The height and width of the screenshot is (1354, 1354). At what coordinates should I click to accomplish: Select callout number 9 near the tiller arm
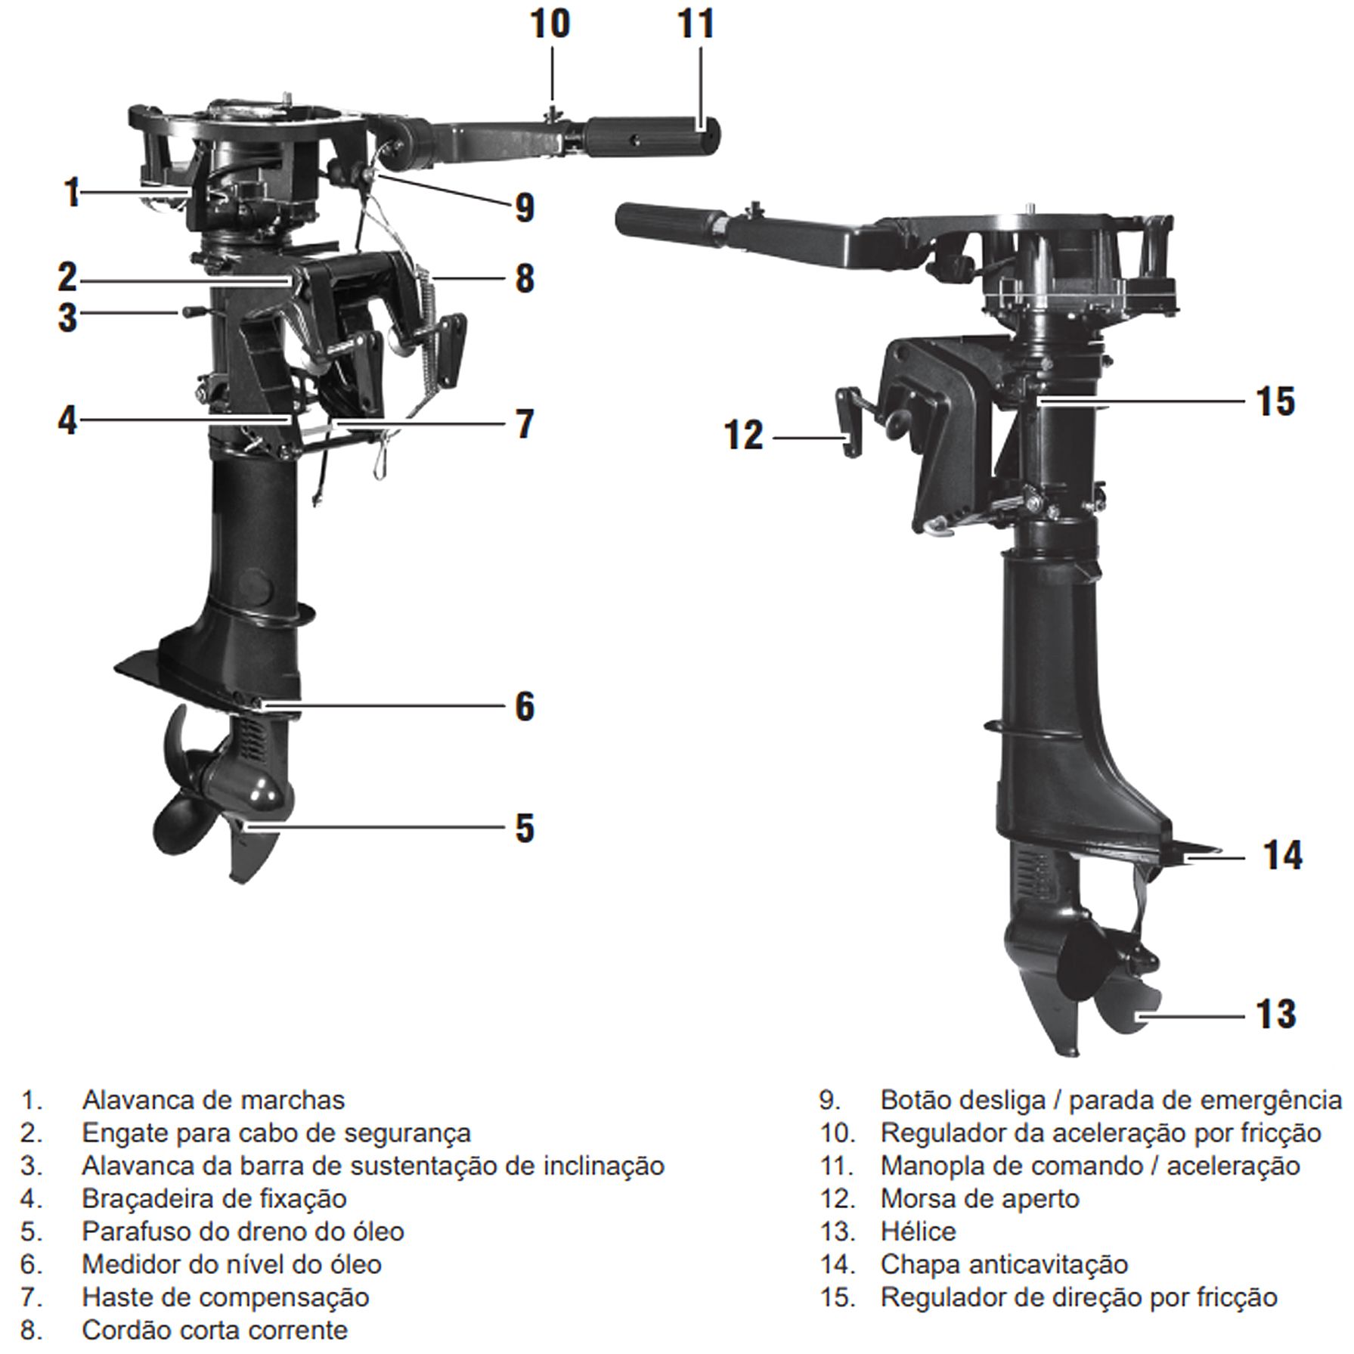click(524, 207)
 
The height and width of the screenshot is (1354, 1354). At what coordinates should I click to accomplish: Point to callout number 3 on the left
click(68, 317)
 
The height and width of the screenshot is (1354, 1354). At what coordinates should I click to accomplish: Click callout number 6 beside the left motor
click(525, 706)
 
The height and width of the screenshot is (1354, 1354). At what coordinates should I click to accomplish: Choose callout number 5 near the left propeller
click(525, 828)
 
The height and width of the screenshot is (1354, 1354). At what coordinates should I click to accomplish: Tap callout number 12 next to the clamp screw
click(744, 436)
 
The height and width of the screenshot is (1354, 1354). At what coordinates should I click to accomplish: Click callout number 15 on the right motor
click(1275, 401)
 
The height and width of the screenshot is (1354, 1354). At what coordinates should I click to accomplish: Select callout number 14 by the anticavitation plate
click(1283, 856)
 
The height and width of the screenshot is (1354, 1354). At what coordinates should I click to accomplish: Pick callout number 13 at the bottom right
click(1276, 1014)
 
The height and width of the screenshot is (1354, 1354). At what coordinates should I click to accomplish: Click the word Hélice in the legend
click(918, 1232)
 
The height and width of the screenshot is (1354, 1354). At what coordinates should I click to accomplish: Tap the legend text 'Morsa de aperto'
click(980, 1198)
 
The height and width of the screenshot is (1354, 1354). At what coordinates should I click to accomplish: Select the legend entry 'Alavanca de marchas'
click(213, 1099)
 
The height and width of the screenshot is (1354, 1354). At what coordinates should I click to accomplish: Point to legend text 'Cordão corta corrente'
click(215, 1329)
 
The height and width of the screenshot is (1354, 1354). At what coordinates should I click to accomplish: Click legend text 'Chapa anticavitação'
click(1004, 1264)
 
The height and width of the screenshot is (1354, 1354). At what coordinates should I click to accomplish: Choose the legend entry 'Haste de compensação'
click(225, 1297)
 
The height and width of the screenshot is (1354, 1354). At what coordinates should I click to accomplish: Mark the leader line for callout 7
click(423, 424)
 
